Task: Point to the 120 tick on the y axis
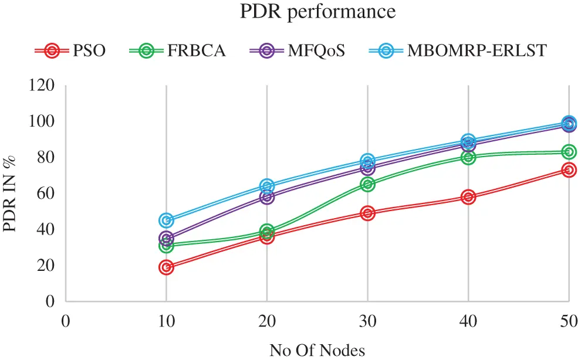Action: pyautogui.click(x=42, y=86)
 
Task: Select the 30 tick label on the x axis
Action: pyautogui.click(x=367, y=322)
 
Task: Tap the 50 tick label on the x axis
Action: pyautogui.click(x=568, y=322)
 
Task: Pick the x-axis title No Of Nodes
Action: pyautogui.click(x=317, y=350)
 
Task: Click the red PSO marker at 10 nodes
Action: pyautogui.click(x=166, y=267)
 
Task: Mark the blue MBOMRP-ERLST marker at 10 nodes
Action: pyautogui.click(x=166, y=220)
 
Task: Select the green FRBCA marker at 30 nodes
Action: pyautogui.click(x=367, y=184)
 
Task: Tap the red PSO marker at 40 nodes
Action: pyautogui.click(x=468, y=197)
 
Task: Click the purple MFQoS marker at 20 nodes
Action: pyautogui.click(x=267, y=197)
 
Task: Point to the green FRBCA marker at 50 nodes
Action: pyautogui.click(x=568, y=152)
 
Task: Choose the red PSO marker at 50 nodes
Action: pyautogui.click(x=568, y=170)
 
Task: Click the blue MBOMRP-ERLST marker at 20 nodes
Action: pyautogui.click(x=267, y=186)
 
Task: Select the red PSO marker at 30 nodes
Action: pyautogui.click(x=367, y=213)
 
